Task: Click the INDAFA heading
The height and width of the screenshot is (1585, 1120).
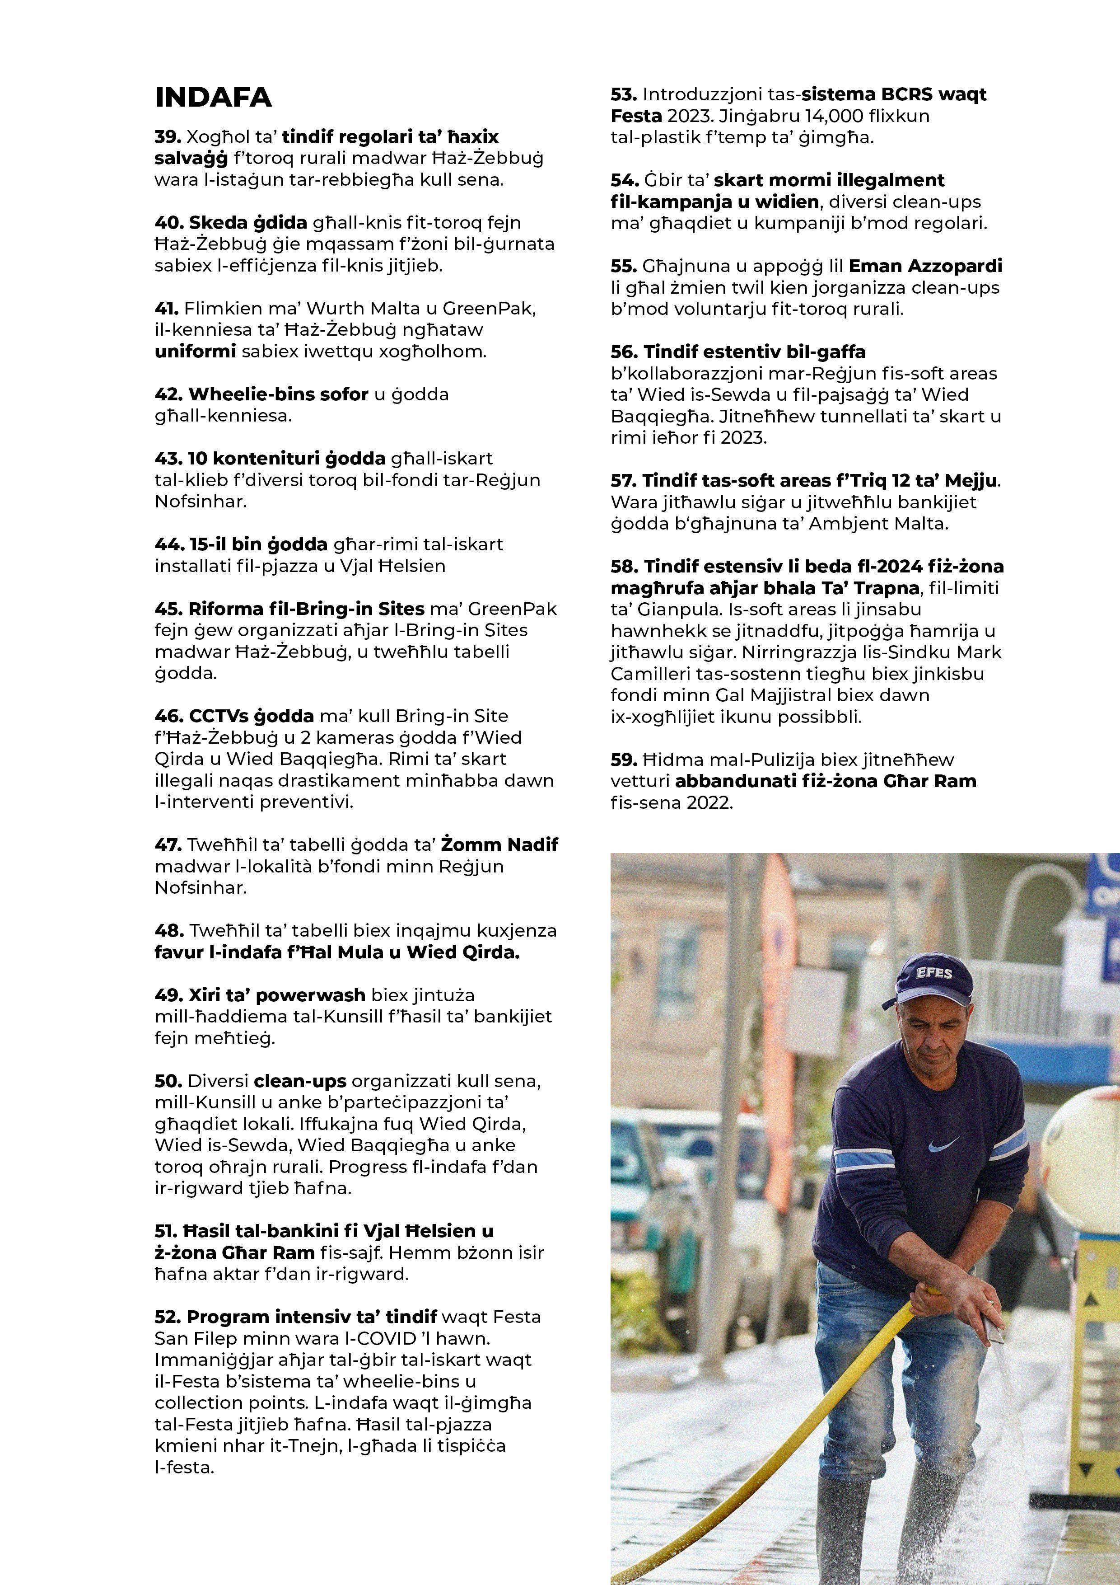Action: [213, 97]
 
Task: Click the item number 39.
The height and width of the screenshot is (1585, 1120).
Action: [168, 137]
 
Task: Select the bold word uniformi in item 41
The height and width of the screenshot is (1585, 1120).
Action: [195, 352]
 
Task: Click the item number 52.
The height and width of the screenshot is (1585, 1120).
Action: [168, 1317]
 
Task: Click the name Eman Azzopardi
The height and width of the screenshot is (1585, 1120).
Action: [925, 266]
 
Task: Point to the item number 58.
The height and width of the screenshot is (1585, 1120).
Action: [625, 567]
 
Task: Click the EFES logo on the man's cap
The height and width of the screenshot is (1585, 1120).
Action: [933, 973]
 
